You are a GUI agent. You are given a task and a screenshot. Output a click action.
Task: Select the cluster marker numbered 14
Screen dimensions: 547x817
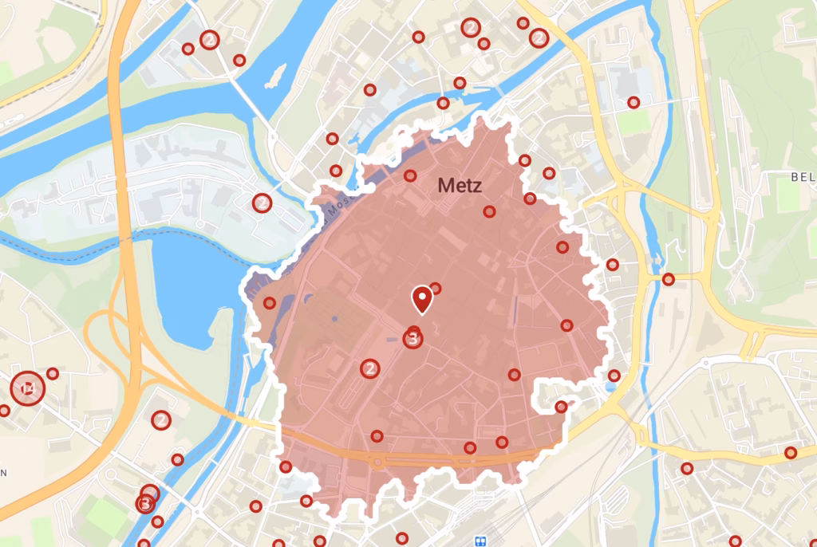[27, 388]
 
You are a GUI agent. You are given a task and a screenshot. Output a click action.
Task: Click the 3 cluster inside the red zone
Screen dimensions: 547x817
[412, 339]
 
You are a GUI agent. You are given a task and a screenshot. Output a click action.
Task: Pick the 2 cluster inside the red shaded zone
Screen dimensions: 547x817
[369, 368]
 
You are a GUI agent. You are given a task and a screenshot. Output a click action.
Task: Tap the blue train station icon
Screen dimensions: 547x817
[480, 540]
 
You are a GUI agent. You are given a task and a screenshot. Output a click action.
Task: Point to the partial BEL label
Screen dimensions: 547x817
[803, 177]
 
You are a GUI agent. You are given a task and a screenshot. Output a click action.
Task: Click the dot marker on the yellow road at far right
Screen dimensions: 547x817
[791, 453]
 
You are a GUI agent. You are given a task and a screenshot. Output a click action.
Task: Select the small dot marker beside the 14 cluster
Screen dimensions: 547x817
[53, 373]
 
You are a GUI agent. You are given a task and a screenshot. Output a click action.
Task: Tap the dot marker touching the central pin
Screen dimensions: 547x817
[435, 288]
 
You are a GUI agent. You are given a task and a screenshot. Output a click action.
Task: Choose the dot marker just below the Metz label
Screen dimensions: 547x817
[489, 211]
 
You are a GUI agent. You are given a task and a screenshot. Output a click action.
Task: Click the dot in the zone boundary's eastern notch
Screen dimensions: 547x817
[561, 407]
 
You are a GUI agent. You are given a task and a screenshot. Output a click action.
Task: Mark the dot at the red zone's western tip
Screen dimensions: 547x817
[270, 303]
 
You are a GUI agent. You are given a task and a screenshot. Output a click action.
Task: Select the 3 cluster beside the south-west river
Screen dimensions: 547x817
[144, 504]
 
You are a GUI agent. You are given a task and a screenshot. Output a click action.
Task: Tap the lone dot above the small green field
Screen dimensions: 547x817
[633, 102]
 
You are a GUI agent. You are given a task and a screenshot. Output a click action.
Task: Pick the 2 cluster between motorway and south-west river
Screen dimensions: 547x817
[161, 419]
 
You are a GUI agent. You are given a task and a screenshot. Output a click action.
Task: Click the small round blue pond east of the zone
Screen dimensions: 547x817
[611, 387]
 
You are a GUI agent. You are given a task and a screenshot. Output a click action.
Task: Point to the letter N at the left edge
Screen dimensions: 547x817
[3, 473]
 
